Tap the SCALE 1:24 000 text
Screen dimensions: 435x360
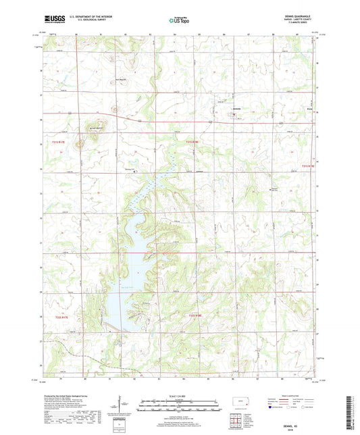pyautogui.click(x=179, y=395)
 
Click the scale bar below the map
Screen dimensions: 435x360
pyautogui.click(x=179, y=407)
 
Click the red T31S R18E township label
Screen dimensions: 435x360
pyautogui.click(x=193, y=141)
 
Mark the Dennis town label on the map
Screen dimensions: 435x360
pyautogui.click(x=236, y=110)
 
